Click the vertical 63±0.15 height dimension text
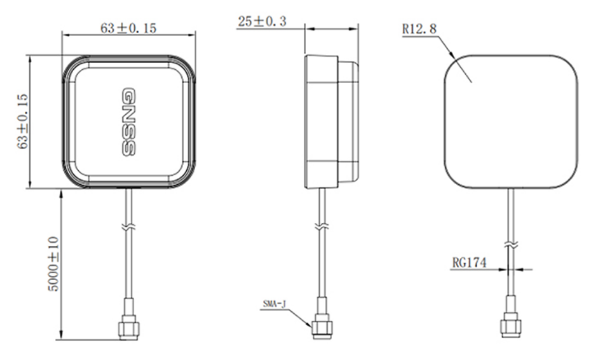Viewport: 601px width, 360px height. tap(22, 121)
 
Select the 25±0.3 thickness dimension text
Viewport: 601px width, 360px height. tap(263, 22)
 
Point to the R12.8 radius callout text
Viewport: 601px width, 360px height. tap(419, 29)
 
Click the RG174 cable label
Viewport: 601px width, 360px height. tap(469, 262)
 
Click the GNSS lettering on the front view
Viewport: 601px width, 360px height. tap(128, 121)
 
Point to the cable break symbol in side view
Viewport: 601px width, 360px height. tap(321, 226)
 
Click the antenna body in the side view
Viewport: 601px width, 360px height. tap(322, 121)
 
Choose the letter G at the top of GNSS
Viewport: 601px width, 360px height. tap(128, 94)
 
